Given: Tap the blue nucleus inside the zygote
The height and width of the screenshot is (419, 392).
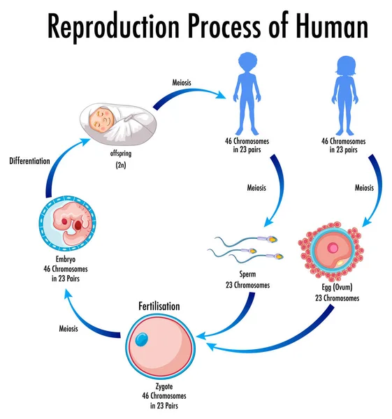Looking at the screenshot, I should (x=142, y=339).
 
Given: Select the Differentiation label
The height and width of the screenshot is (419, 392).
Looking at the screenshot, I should (x=29, y=161).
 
